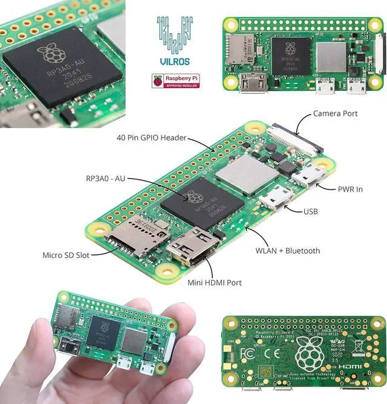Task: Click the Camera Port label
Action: (x=335, y=114)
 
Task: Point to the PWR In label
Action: (x=350, y=189)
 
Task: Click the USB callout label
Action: (x=310, y=211)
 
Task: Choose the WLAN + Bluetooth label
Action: (x=287, y=251)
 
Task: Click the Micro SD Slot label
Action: (x=66, y=255)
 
